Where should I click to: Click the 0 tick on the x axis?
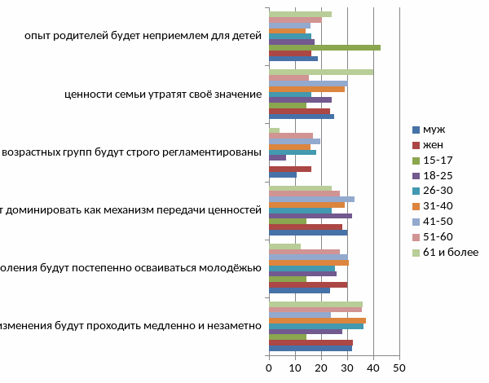click(269, 368)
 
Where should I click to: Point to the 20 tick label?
click(321, 368)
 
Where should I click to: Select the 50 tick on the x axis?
click(399, 368)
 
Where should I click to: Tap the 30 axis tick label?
click(347, 368)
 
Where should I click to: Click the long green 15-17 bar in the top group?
click(324, 48)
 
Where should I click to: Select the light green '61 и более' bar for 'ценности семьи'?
click(321, 72)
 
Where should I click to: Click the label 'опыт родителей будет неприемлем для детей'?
click(143, 36)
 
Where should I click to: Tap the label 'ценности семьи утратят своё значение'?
click(163, 94)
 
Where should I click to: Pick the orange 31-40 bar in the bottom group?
click(317, 320)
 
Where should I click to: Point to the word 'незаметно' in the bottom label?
click(232, 325)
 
